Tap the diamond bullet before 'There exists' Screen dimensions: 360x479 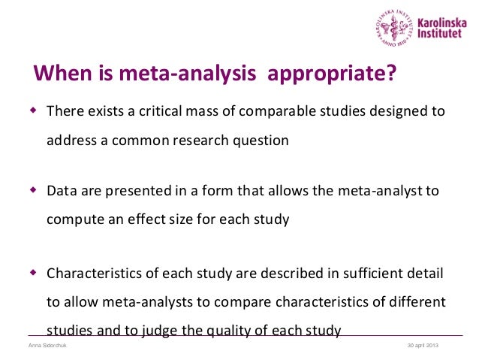tap(32, 110)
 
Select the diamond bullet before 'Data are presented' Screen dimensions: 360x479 tap(32, 189)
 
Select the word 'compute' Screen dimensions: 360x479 tap(72, 219)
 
